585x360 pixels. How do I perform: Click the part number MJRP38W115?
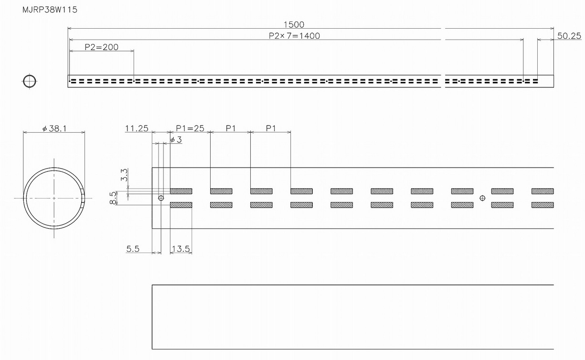click(x=50, y=10)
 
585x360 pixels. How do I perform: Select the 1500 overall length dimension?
click(x=294, y=24)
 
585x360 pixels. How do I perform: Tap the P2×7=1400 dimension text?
click(x=294, y=35)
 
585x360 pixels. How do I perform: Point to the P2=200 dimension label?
click(x=101, y=47)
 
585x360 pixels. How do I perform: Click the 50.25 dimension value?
click(x=569, y=36)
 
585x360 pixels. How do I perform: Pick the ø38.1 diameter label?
click(x=54, y=128)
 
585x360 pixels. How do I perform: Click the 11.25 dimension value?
click(x=137, y=128)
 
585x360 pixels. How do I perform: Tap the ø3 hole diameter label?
click(x=176, y=139)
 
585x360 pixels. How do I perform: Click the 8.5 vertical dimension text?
click(x=113, y=198)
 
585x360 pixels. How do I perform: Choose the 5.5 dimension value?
click(x=133, y=248)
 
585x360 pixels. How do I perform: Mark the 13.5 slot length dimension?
click(x=181, y=248)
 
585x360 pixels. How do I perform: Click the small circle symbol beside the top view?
click(x=29, y=81)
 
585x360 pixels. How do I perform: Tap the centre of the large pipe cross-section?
click(x=54, y=198)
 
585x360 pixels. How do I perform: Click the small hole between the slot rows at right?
click(x=482, y=198)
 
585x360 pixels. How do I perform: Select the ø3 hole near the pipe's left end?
click(x=161, y=198)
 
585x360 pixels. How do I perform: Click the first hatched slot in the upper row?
click(x=181, y=191)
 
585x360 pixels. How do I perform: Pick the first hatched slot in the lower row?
click(x=181, y=205)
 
